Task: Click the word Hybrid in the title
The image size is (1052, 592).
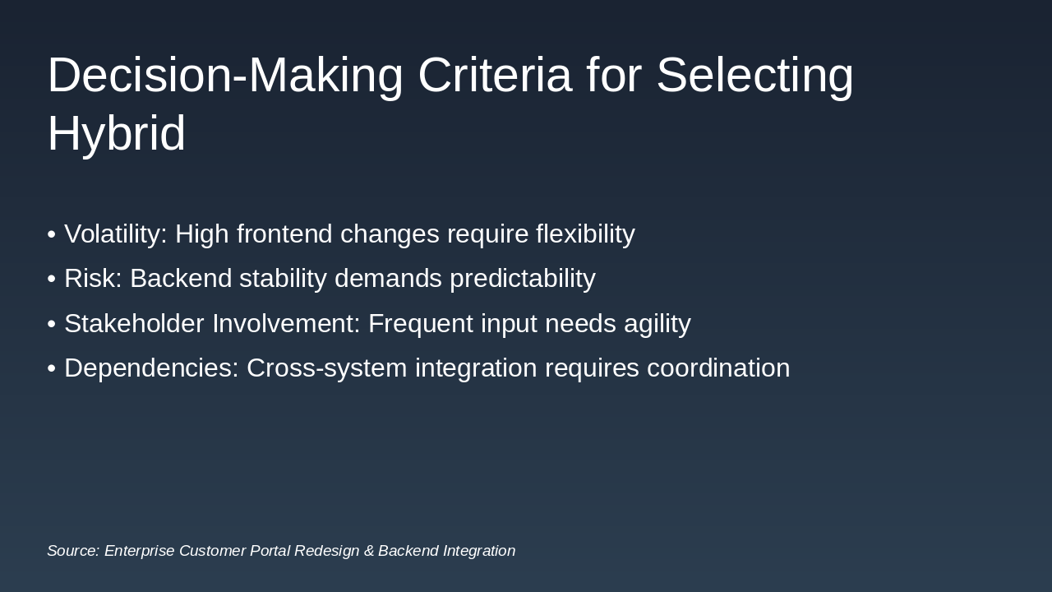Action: pos(117,134)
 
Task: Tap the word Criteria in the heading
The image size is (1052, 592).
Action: pos(495,75)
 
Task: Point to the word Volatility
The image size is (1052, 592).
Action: pos(116,234)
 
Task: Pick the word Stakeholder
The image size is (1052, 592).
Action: pos(134,323)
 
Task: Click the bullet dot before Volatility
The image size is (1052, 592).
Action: pos(52,234)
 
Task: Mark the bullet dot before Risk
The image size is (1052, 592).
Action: pos(52,279)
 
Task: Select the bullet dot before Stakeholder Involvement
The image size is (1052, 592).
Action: pos(52,324)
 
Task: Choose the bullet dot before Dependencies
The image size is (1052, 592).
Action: pos(52,368)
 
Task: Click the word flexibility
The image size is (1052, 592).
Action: pos(586,234)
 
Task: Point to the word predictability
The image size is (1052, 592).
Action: pos(523,279)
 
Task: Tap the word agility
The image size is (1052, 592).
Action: pos(657,324)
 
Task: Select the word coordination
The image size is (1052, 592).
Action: pos(718,368)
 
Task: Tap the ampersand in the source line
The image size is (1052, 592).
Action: pos(369,551)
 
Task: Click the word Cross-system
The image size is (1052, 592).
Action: pos(327,368)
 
